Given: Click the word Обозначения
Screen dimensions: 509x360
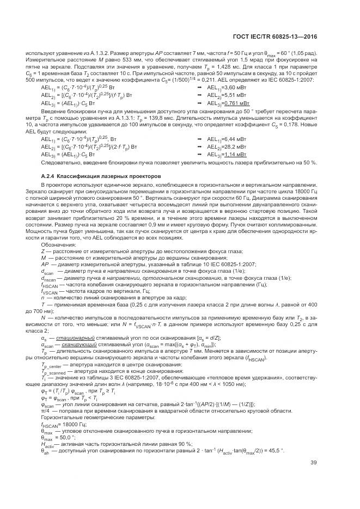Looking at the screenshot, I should point(59,244).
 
